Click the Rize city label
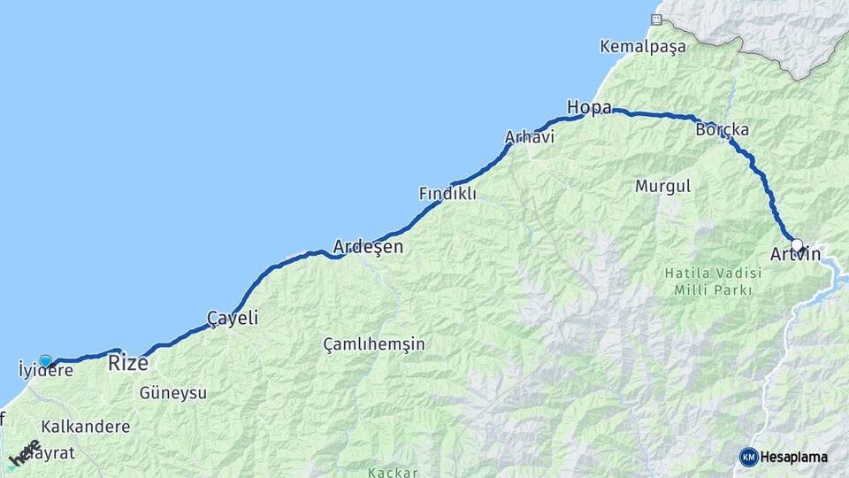tap(127, 362)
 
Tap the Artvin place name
tap(795, 255)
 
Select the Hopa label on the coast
tap(589, 108)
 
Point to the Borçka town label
tap(722, 129)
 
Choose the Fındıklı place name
tap(447, 193)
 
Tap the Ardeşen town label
tap(368, 247)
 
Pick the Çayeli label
tap(232, 318)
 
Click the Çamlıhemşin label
tap(373, 343)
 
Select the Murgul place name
tap(662, 187)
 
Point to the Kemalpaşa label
tap(642, 46)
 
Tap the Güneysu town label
tap(172, 392)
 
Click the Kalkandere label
tap(85, 426)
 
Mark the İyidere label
tap(46, 371)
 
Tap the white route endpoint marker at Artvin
tap(797, 245)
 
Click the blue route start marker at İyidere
tap(45, 360)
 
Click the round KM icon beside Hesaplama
tap(748, 457)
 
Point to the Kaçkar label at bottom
tap(394, 473)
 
